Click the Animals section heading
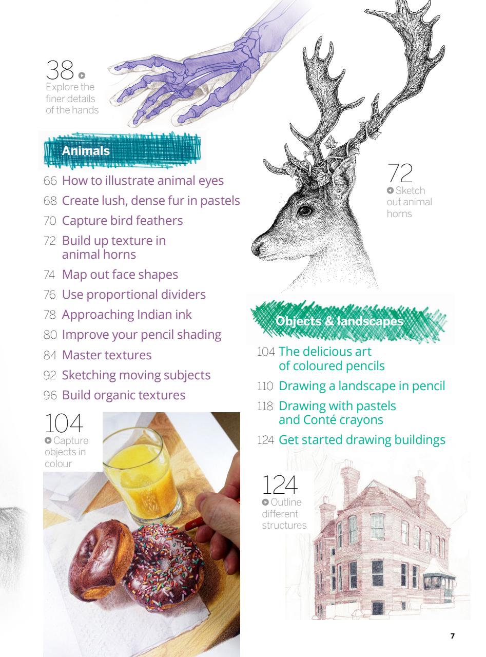pyautogui.click(x=86, y=151)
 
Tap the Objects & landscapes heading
pyautogui.click(x=339, y=321)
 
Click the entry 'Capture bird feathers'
pyautogui.click(x=122, y=221)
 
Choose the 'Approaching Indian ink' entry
pyautogui.click(x=127, y=315)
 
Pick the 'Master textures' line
pyautogui.click(x=107, y=355)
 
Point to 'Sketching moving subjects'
pyautogui.click(x=136, y=375)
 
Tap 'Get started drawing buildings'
pyautogui.click(x=362, y=440)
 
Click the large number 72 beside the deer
pyautogui.click(x=400, y=173)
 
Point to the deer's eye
pyautogui.click(x=305, y=210)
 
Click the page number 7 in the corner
pyautogui.click(x=452, y=636)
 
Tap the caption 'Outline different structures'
pyautogui.click(x=284, y=513)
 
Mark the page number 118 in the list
pyautogui.click(x=265, y=406)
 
